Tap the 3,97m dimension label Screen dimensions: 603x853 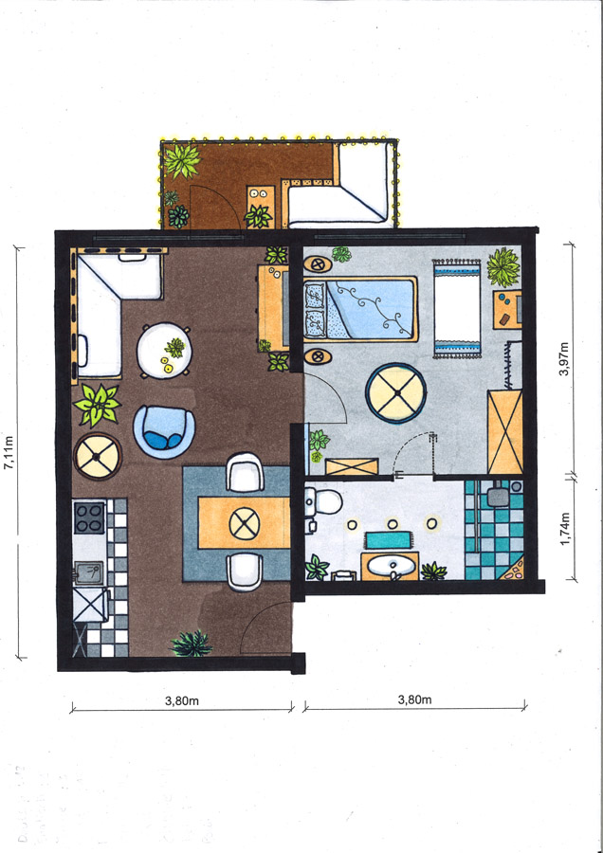tap(564, 358)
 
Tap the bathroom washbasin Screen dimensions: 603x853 tap(391, 567)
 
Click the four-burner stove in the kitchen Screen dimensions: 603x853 tap(89, 517)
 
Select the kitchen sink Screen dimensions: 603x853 tap(89, 572)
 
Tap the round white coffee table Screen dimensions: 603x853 tap(164, 351)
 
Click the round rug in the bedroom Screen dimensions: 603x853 tap(395, 393)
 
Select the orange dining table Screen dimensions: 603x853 tap(244, 523)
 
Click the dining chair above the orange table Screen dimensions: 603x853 tap(245, 472)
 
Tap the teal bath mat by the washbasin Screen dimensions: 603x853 tap(388, 540)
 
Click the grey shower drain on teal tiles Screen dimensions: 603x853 tap(498, 496)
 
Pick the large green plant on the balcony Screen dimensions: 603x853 tap(182, 160)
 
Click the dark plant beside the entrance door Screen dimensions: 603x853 tap(191, 644)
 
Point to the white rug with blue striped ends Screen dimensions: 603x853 tap(457, 308)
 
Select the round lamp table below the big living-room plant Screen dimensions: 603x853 tap(98, 456)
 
